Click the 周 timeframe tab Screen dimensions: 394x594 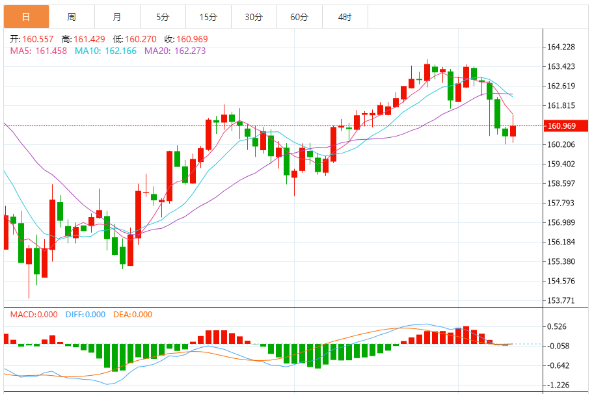(x=71, y=17)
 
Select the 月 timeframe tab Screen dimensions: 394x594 (x=116, y=17)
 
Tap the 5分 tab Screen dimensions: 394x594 (x=163, y=17)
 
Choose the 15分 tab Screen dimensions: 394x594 (x=208, y=17)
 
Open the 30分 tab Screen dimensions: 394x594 (x=254, y=17)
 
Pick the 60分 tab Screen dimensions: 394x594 (x=299, y=17)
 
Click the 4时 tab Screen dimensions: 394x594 (x=345, y=17)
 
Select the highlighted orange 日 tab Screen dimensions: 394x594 (x=26, y=17)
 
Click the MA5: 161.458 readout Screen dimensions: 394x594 (x=38, y=51)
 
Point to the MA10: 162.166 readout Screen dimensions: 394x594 (x=105, y=51)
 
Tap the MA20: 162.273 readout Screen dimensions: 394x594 (x=175, y=51)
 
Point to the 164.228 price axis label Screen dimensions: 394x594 (x=561, y=47)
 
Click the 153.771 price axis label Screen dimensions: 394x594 (x=561, y=300)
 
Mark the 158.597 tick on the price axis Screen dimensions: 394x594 (x=561, y=183)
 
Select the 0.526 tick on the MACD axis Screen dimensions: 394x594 (x=557, y=327)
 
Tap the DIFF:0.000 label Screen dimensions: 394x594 (x=85, y=315)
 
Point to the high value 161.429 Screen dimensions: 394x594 (x=92, y=40)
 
